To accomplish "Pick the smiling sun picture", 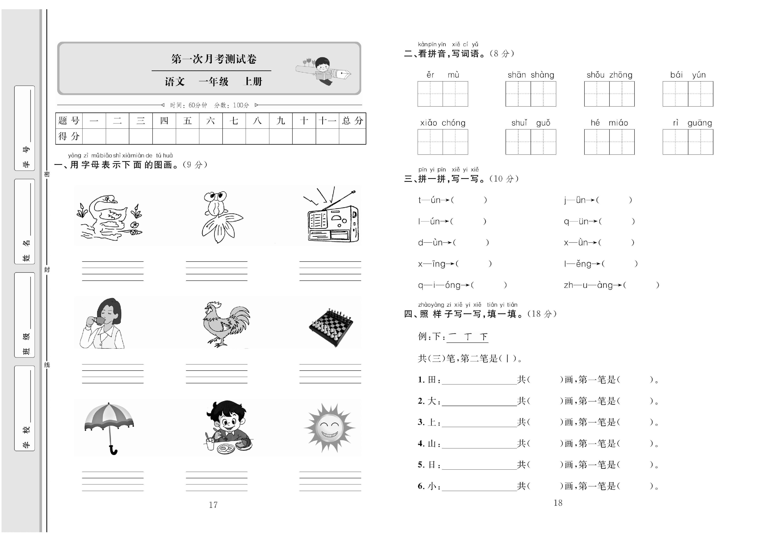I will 330,428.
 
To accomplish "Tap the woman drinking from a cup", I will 103,323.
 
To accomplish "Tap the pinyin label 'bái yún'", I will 688,75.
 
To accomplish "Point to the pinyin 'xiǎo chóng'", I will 442,123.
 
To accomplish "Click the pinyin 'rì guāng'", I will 692,123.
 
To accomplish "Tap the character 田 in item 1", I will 432,380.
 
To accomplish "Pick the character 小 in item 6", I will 432,486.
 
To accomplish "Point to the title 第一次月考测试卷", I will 214,59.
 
